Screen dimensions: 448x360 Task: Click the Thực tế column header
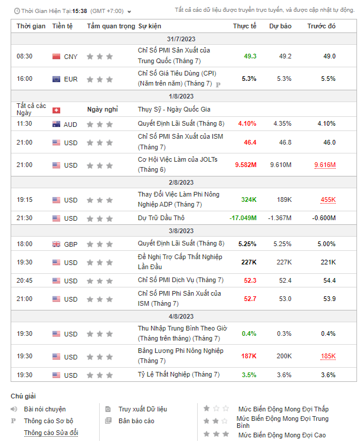click(x=244, y=26)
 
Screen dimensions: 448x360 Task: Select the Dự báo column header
click(x=280, y=26)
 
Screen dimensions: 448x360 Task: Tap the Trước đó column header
click(x=321, y=26)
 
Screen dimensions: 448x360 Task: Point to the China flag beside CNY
click(x=57, y=57)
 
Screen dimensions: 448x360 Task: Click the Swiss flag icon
click(x=57, y=110)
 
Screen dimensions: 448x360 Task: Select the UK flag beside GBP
click(x=57, y=244)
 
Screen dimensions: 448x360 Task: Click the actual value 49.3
click(x=250, y=56)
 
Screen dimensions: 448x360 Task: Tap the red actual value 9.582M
click(x=245, y=165)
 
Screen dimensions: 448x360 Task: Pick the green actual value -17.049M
click(x=243, y=218)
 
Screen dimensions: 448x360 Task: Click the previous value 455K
click(x=328, y=200)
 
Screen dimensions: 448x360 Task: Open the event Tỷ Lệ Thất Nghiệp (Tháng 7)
click(x=178, y=374)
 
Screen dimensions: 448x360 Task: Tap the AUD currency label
click(x=70, y=125)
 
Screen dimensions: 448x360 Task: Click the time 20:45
click(x=25, y=280)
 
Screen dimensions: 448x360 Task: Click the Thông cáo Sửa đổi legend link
click(x=51, y=433)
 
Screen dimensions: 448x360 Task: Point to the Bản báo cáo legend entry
click(x=136, y=421)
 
